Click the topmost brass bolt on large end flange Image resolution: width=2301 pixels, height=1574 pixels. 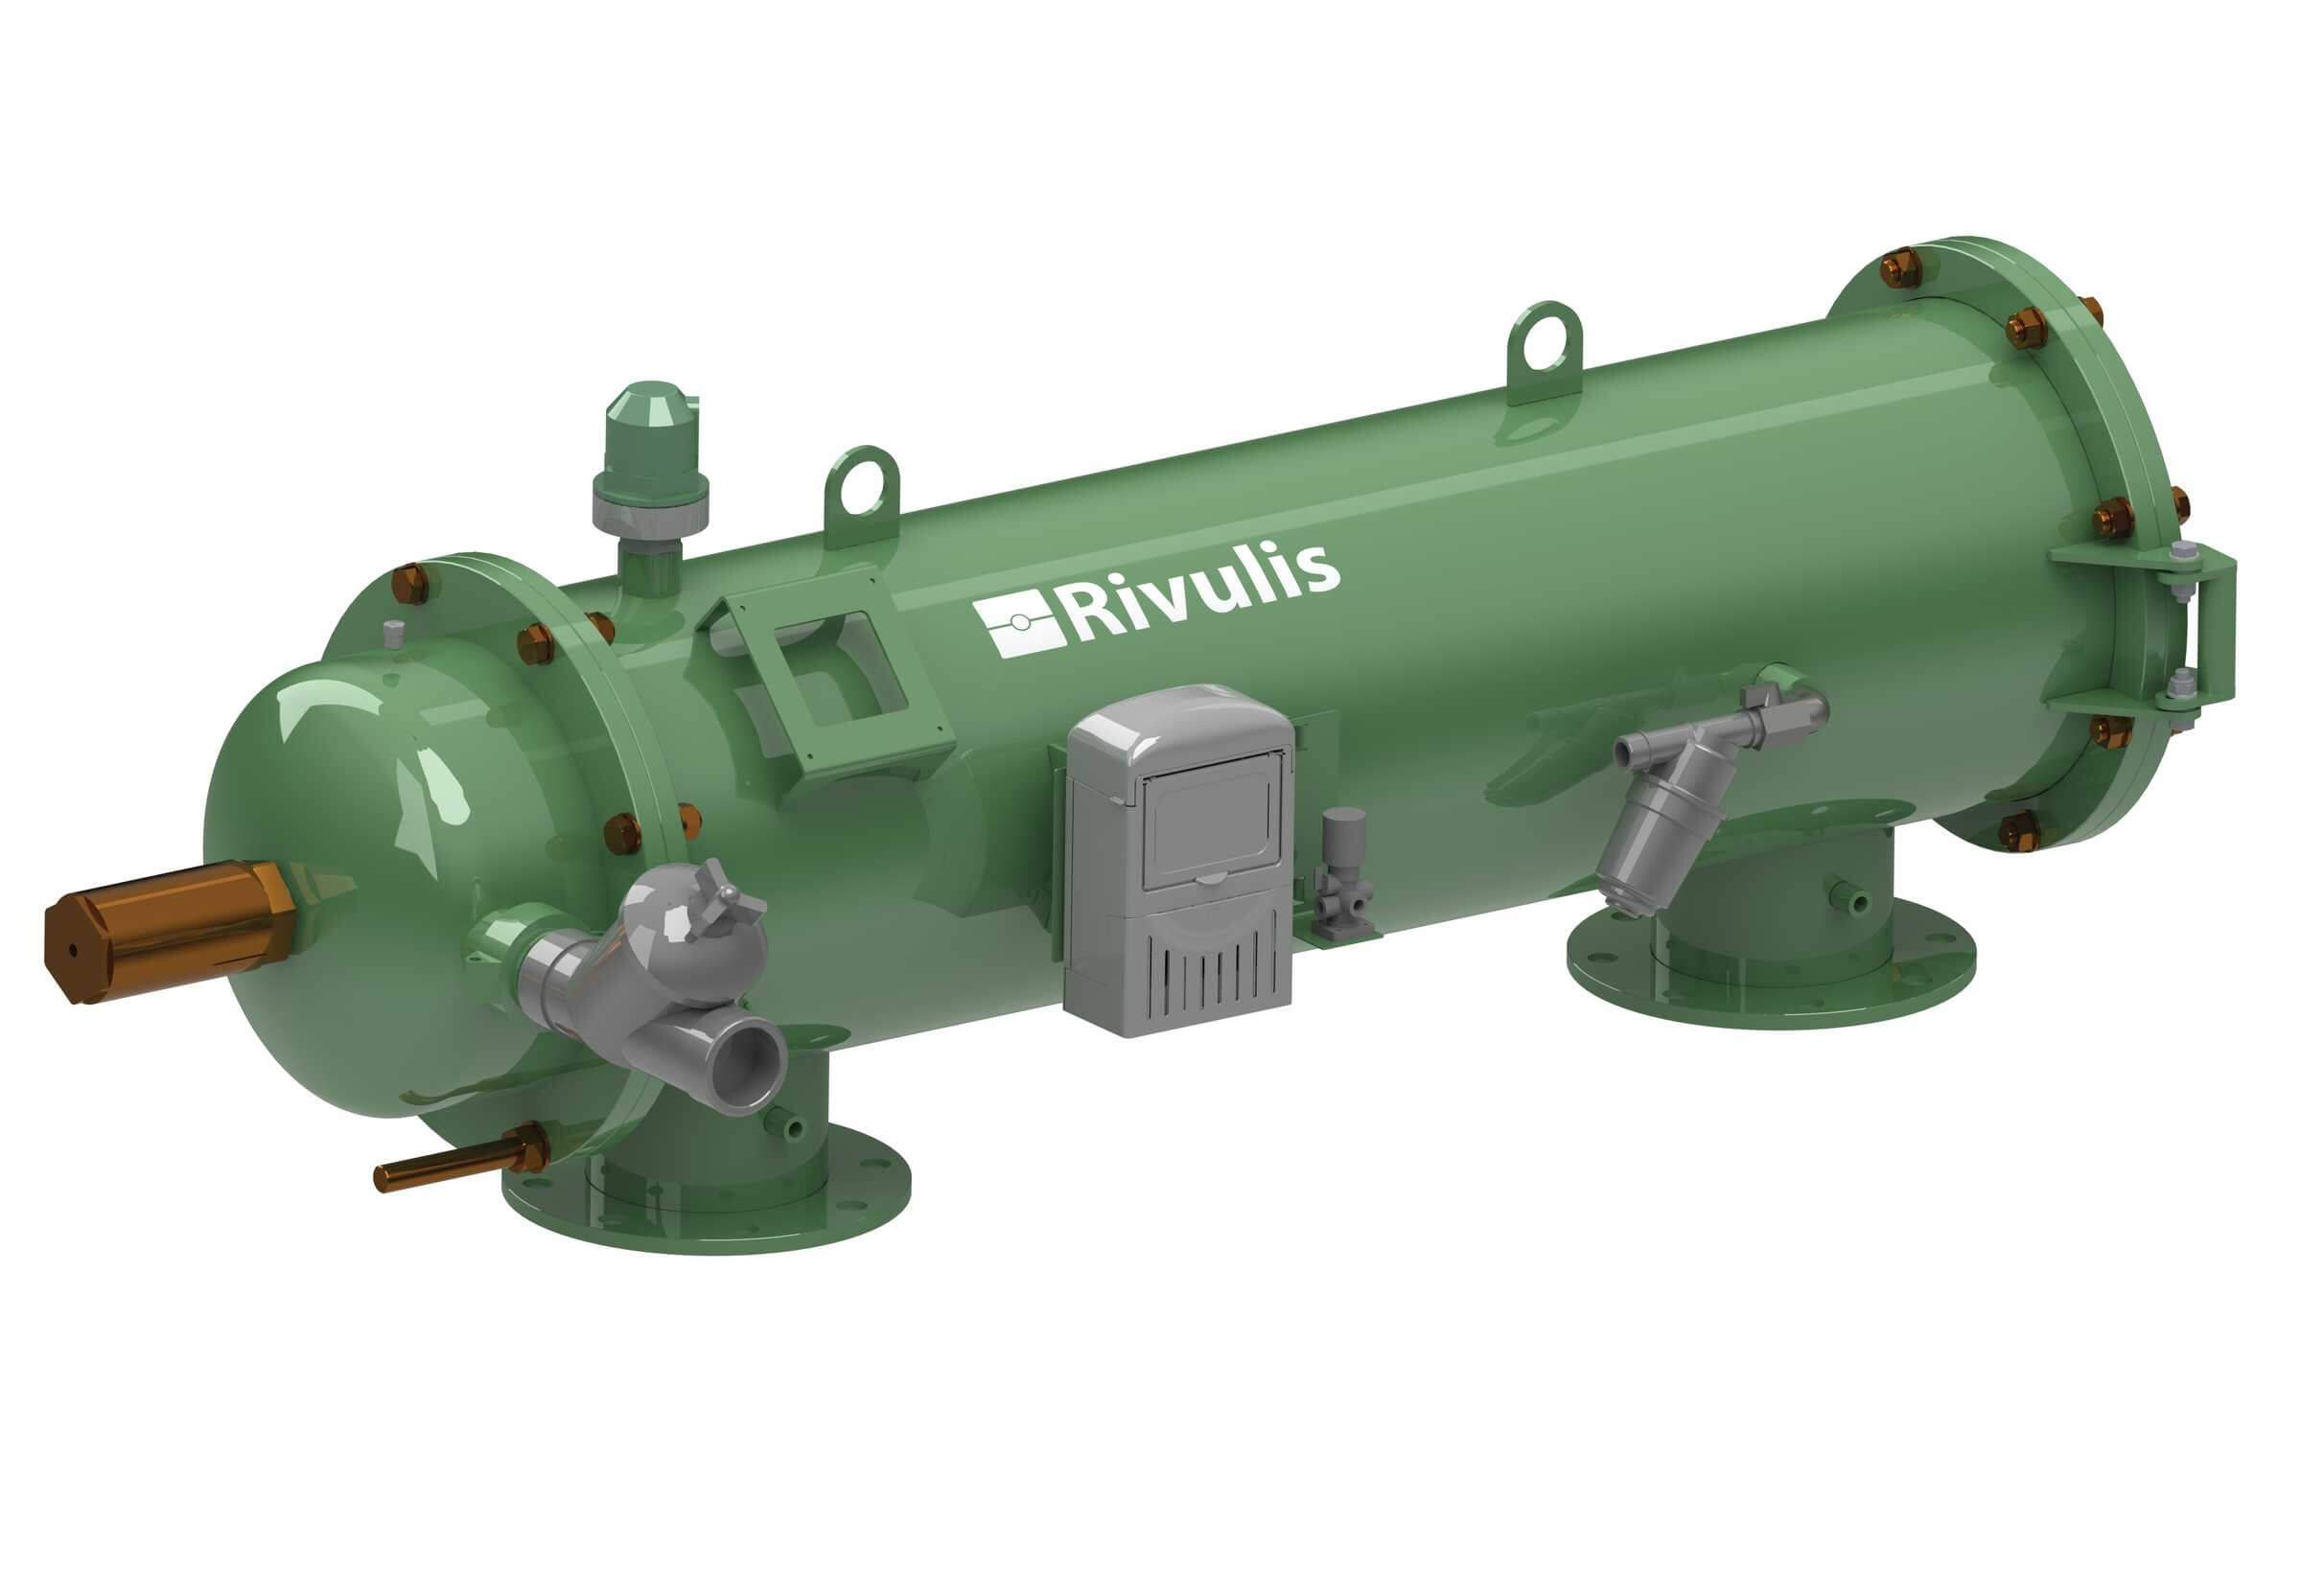[x=1899, y=269]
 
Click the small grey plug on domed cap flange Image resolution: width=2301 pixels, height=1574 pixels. [x=393, y=634]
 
